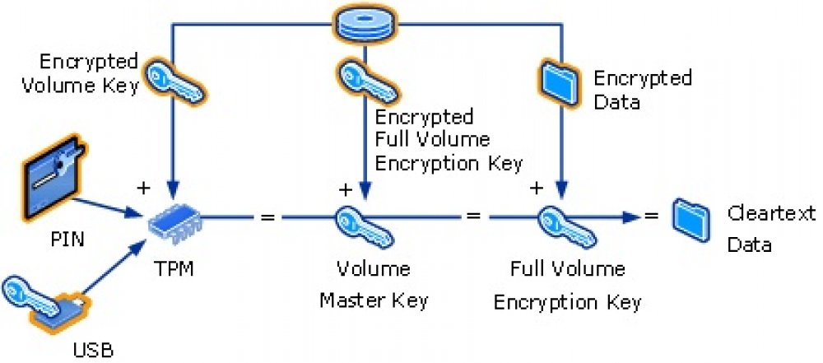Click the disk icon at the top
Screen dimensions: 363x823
[x=367, y=24]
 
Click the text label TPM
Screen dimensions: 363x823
[x=174, y=269]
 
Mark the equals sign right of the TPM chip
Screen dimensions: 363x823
[x=267, y=218]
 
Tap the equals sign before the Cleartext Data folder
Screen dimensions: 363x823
[x=651, y=217]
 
